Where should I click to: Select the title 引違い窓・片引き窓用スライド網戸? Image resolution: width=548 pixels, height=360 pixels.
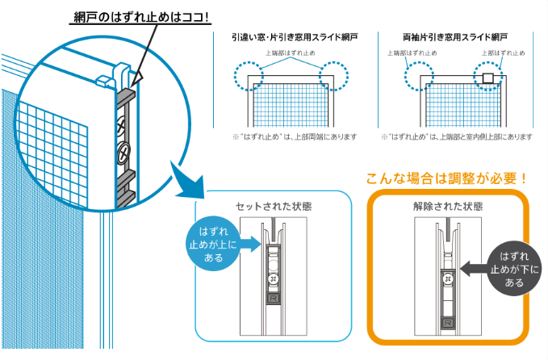[294, 37]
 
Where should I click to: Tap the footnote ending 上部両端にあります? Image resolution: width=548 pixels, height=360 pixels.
[294, 137]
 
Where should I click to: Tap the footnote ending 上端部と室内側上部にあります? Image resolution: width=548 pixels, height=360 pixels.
[457, 137]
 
